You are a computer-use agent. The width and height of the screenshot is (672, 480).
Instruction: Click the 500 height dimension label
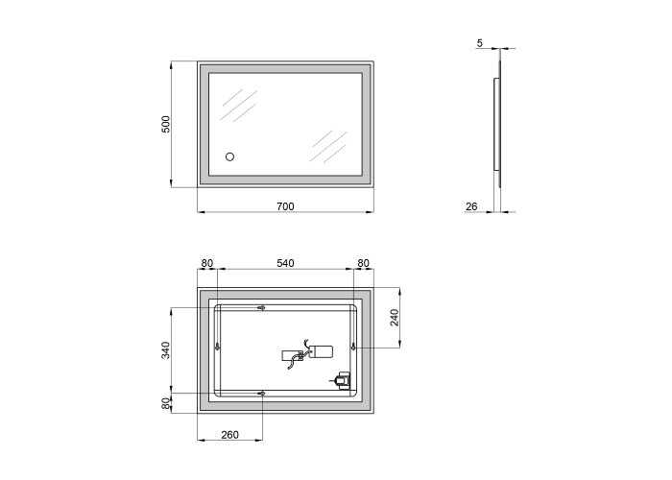click(166, 124)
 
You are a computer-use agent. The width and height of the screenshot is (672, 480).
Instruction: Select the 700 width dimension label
click(285, 206)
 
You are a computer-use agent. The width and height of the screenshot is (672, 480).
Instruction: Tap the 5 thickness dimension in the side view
click(480, 43)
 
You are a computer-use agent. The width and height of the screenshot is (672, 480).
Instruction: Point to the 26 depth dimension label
click(471, 206)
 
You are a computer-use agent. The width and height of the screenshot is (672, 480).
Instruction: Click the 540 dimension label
click(285, 263)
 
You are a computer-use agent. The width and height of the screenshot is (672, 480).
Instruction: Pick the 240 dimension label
click(395, 318)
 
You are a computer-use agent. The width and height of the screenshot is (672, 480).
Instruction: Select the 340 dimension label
click(166, 350)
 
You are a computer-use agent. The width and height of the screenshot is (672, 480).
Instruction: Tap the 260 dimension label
click(229, 435)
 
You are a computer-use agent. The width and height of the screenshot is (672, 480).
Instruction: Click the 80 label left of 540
click(207, 263)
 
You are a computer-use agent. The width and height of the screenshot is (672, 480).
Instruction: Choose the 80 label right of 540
click(364, 263)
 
